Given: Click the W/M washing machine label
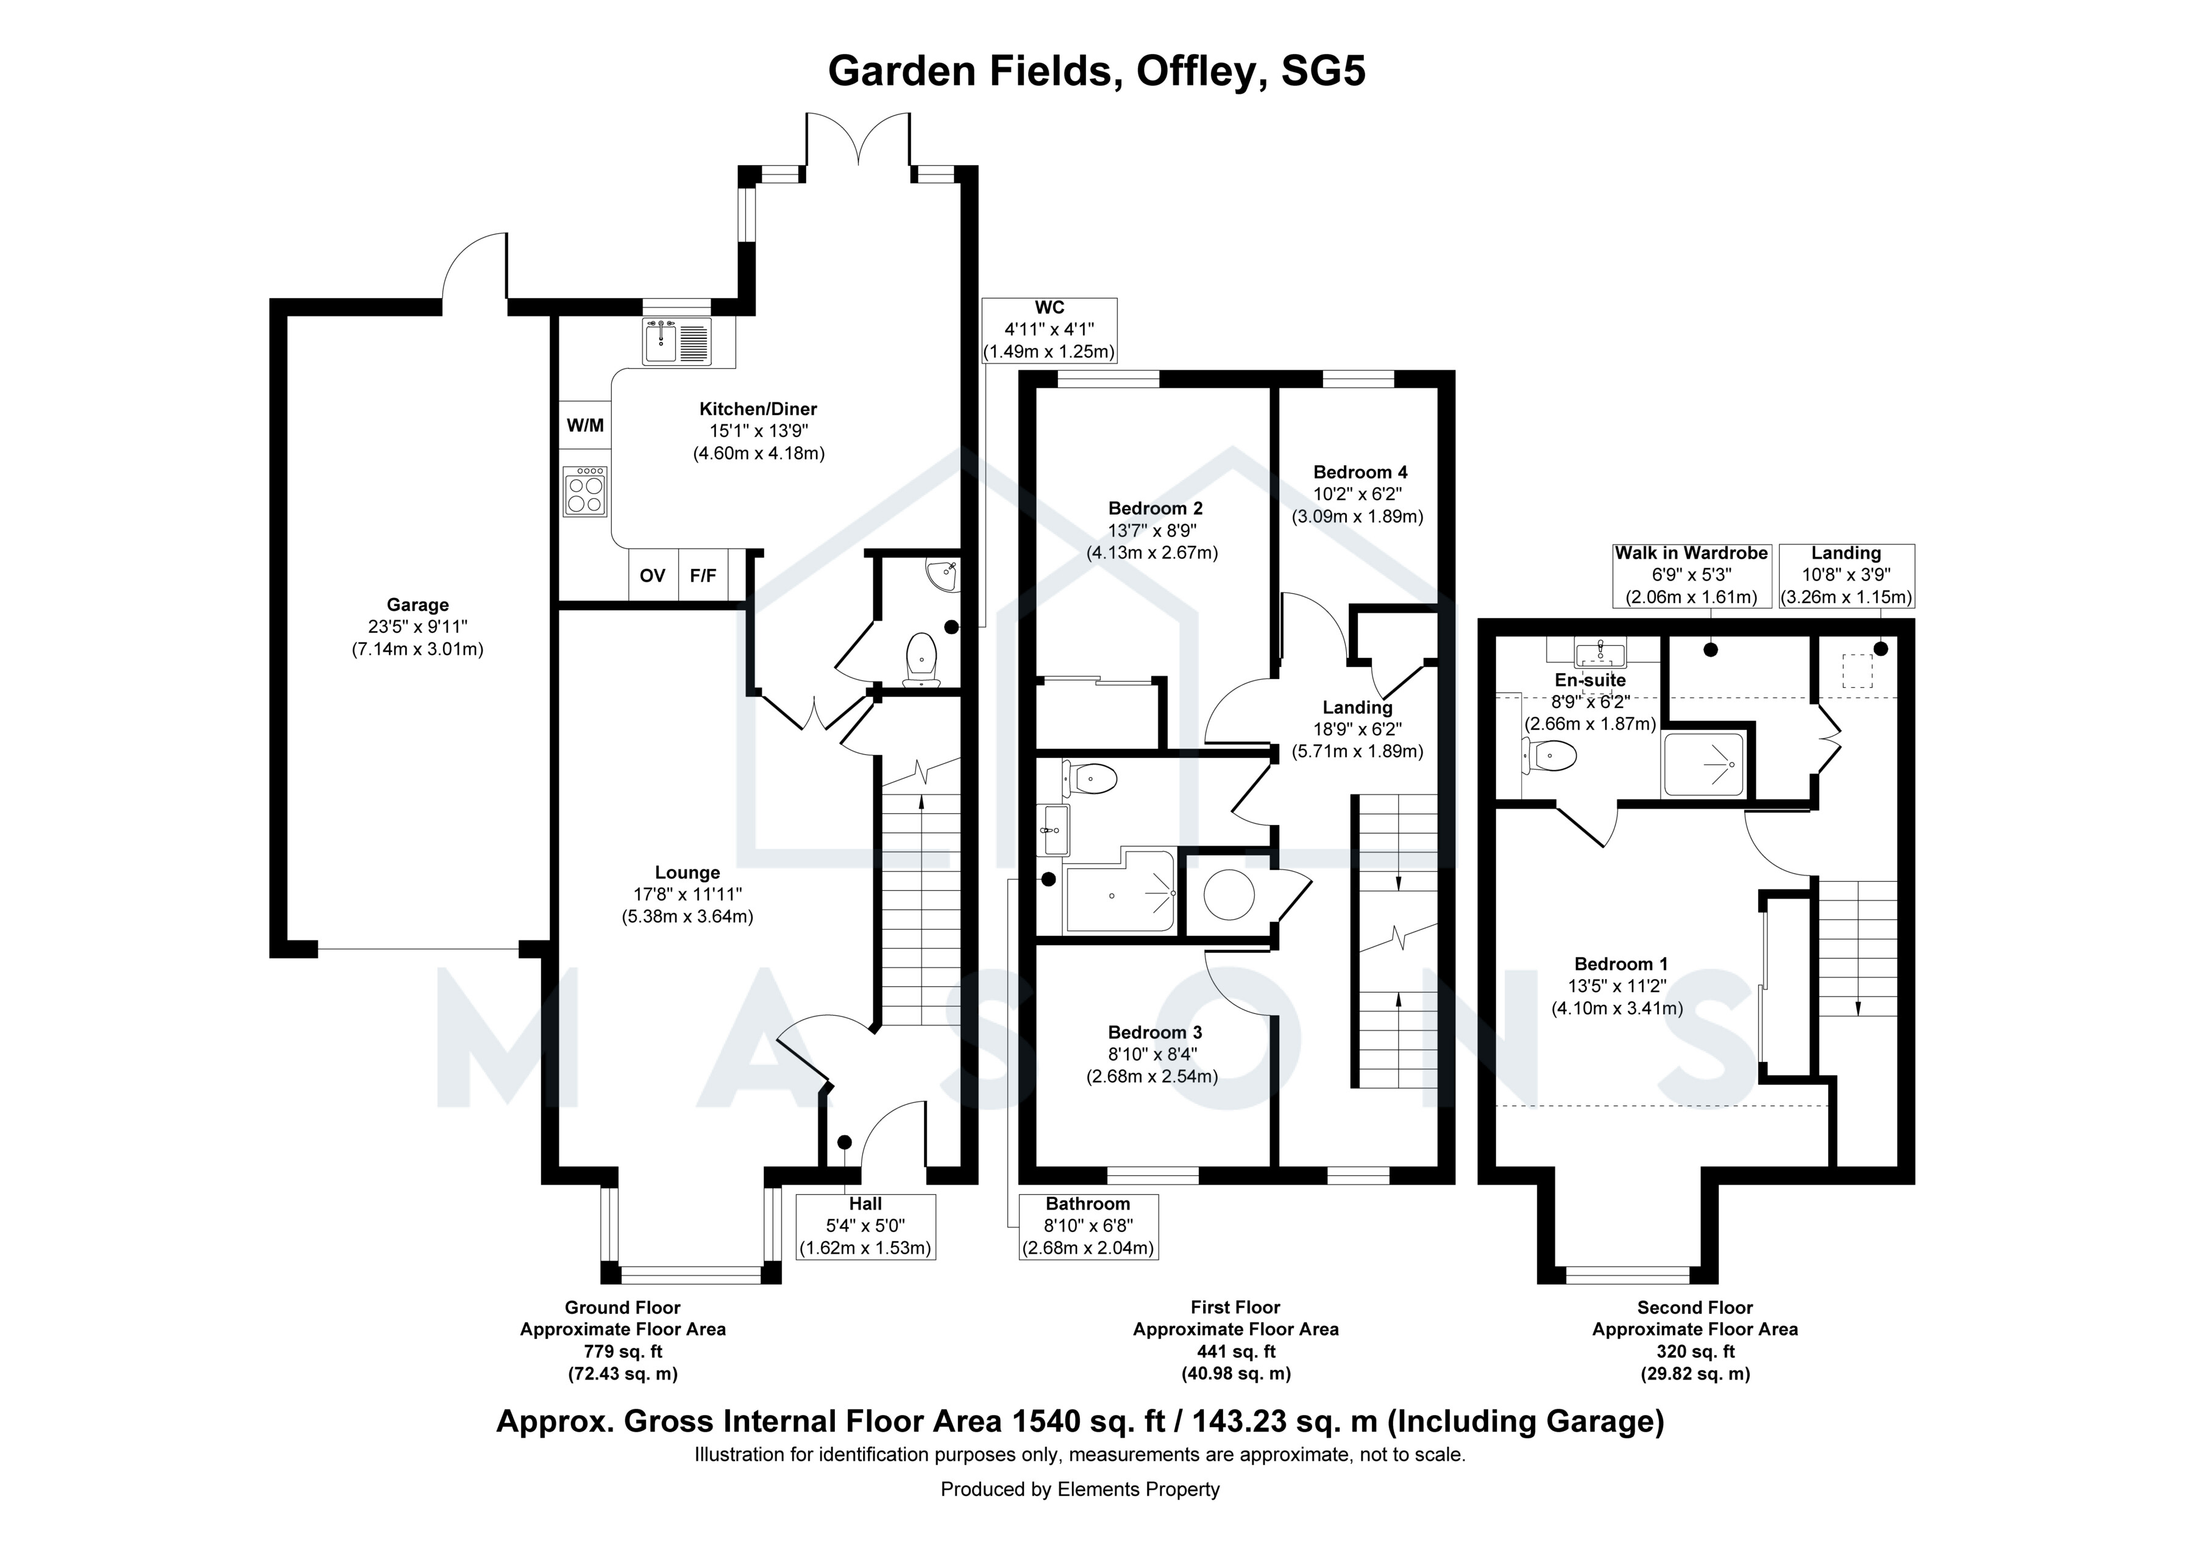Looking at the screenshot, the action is (x=585, y=426).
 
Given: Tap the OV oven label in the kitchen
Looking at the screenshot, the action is (x=653, y=576).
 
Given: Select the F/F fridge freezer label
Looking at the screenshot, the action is (x=703, y=576).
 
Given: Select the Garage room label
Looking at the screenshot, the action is (x=417, y=605).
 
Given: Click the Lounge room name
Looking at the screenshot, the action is (x=687, y=872).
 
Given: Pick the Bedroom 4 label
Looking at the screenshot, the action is (x=1360, y=472).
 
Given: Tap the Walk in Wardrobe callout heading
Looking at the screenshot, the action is (x=1691, y=554).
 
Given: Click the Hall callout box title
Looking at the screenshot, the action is (x=865, y=1204).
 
